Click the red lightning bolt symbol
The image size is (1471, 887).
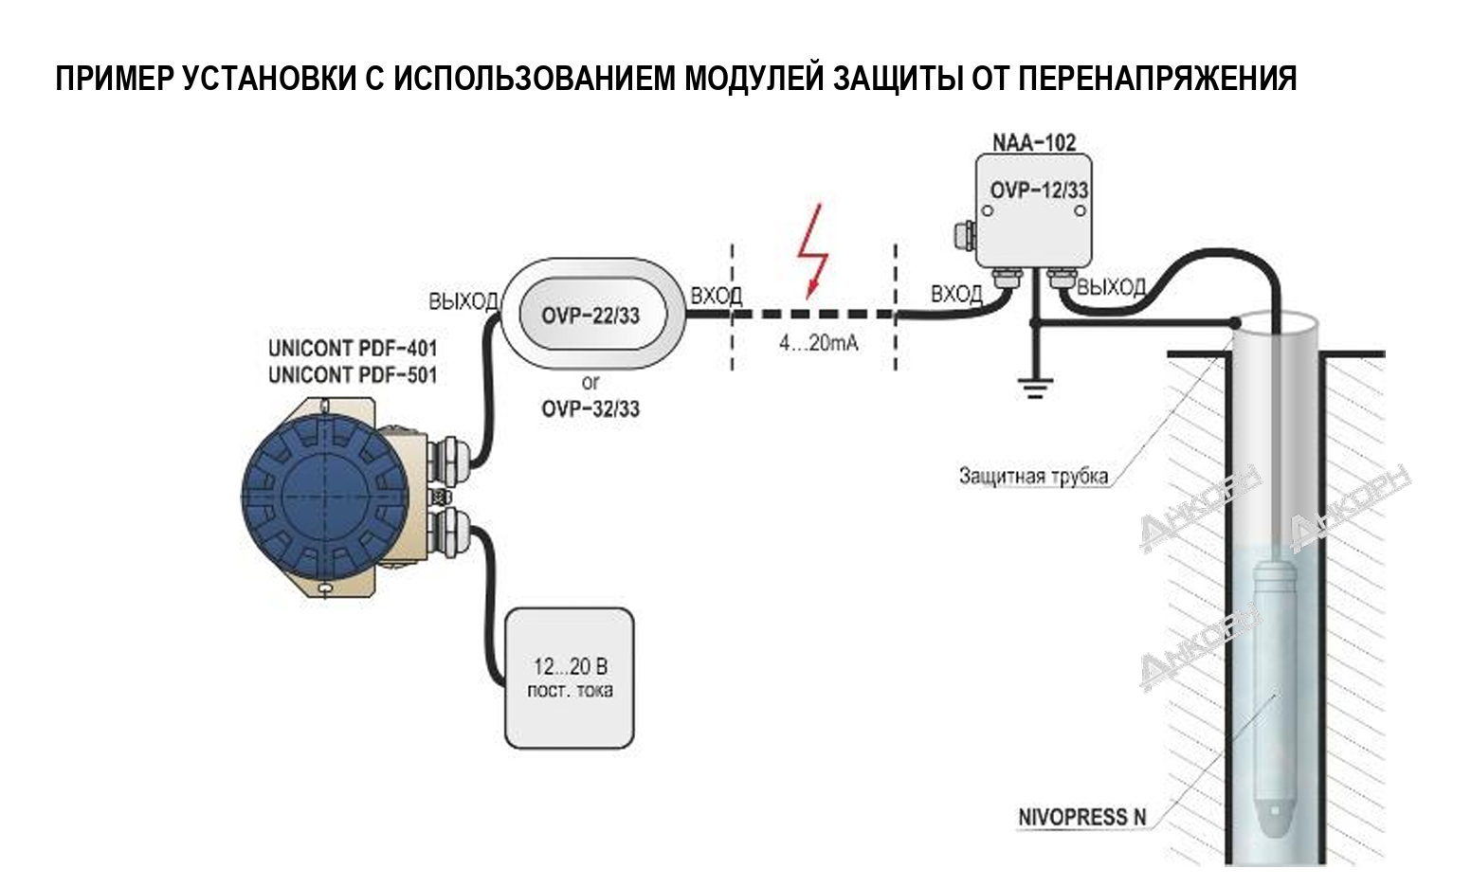(812, 251)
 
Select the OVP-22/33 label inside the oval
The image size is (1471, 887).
(590, 316)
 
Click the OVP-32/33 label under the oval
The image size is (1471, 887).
(590, 409)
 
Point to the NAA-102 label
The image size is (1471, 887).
(1034, 143)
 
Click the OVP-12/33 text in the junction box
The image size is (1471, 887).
(1039, 190)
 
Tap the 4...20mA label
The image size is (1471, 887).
(818, 344)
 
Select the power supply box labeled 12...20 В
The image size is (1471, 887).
(569, 678)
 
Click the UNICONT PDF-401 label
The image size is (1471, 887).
(353, 348)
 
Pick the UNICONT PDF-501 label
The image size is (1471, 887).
(353, 375)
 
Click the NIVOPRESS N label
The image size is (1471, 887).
(1081, 817)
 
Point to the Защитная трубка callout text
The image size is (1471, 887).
(1033, 477)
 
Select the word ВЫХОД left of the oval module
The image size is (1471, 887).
(463, 301)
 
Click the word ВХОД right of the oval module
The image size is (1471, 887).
(716, 296)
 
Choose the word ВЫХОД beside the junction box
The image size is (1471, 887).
(1112, 287)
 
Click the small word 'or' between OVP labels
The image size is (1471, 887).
(590, 383)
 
